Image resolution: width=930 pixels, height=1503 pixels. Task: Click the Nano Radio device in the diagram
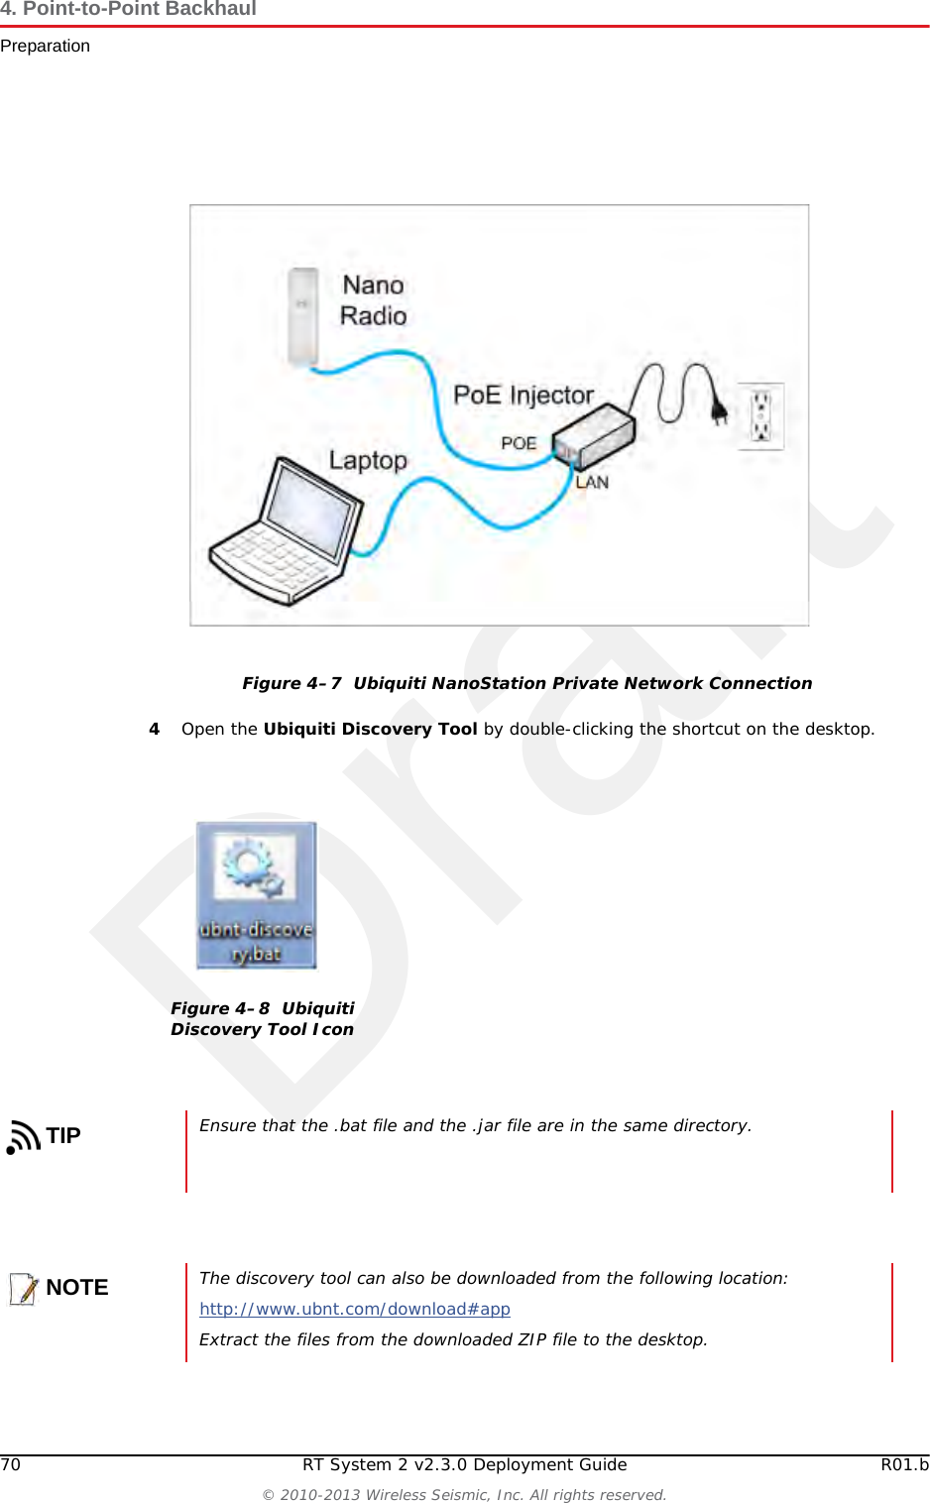(302, 316)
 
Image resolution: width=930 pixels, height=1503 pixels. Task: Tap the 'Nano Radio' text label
(373, 300)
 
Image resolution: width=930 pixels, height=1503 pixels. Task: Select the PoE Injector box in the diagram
(594, 435)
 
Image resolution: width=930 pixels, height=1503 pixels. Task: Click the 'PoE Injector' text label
(523, 395)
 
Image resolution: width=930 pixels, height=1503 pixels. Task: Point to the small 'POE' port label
(519, 443)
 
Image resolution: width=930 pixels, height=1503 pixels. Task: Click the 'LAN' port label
(592, 483)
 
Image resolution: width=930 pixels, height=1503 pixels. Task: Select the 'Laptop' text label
(368, 461)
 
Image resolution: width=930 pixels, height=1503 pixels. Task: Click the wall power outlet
(760, 416)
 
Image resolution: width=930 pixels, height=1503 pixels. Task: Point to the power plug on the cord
(719, 407)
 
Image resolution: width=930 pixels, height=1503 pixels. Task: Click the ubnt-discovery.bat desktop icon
(256, 894)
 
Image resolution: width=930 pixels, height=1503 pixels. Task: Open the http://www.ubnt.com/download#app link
(355, 1309)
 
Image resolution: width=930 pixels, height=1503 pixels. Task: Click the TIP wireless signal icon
(23, 1136)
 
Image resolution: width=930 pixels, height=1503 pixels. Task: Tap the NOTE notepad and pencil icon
(24, 1288)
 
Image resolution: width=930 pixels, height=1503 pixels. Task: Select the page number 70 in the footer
(11, 1464)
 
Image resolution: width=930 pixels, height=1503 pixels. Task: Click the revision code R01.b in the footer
(904, 1464)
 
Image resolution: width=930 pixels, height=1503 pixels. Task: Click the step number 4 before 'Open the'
(154, 729)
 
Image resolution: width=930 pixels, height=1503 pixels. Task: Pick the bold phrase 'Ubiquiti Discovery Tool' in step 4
(370, 729)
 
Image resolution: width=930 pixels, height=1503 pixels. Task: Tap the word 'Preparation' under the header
(46, 46)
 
